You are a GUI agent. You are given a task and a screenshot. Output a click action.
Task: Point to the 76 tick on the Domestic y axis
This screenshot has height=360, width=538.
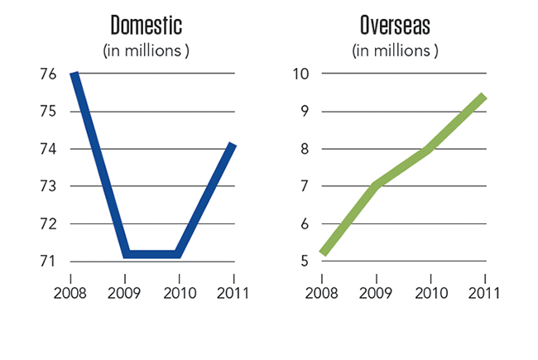click(47, 74)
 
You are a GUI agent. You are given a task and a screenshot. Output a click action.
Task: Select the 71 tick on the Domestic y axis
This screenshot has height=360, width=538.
click(47, 262)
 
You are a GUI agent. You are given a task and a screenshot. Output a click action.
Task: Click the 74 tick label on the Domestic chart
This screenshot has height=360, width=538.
click(47, 149)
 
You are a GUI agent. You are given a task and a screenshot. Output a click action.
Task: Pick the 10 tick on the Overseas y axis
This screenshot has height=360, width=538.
click(300, 74)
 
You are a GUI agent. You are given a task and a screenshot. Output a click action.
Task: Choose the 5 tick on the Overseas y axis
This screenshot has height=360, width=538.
click(304, 262)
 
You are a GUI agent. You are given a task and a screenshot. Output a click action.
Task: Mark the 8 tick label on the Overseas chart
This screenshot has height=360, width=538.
click(304, 149)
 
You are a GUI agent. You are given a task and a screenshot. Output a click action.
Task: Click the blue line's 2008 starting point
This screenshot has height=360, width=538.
click(74, 75)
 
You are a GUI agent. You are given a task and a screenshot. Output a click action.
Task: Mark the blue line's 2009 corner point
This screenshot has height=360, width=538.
click(125, 253)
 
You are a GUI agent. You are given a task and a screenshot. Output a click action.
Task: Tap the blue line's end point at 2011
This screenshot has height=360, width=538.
click(233, 146)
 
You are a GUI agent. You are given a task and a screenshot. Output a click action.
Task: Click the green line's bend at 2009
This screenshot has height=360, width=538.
click(377, 185)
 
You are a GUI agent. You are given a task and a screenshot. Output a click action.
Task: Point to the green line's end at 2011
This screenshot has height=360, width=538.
click(483, 97)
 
